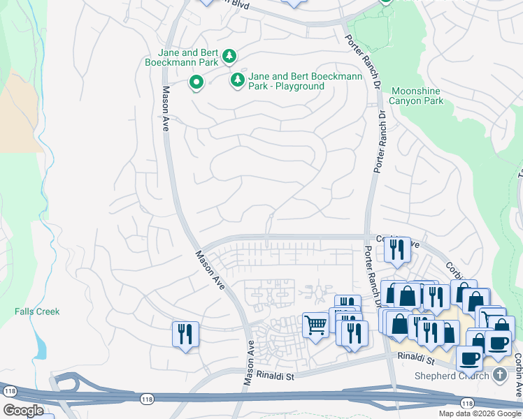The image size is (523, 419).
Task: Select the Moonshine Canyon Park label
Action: (417, 96)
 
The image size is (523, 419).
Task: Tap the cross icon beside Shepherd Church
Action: (499, 375)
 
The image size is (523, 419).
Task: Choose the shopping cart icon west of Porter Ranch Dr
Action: (315, 324)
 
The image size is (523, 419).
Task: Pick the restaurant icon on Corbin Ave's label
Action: (398, 249)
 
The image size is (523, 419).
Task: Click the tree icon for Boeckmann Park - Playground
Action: (237, 81)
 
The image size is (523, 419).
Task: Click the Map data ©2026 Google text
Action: (479, 413)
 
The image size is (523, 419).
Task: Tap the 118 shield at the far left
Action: (9, 390)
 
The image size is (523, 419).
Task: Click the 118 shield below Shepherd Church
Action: (467, 404)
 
